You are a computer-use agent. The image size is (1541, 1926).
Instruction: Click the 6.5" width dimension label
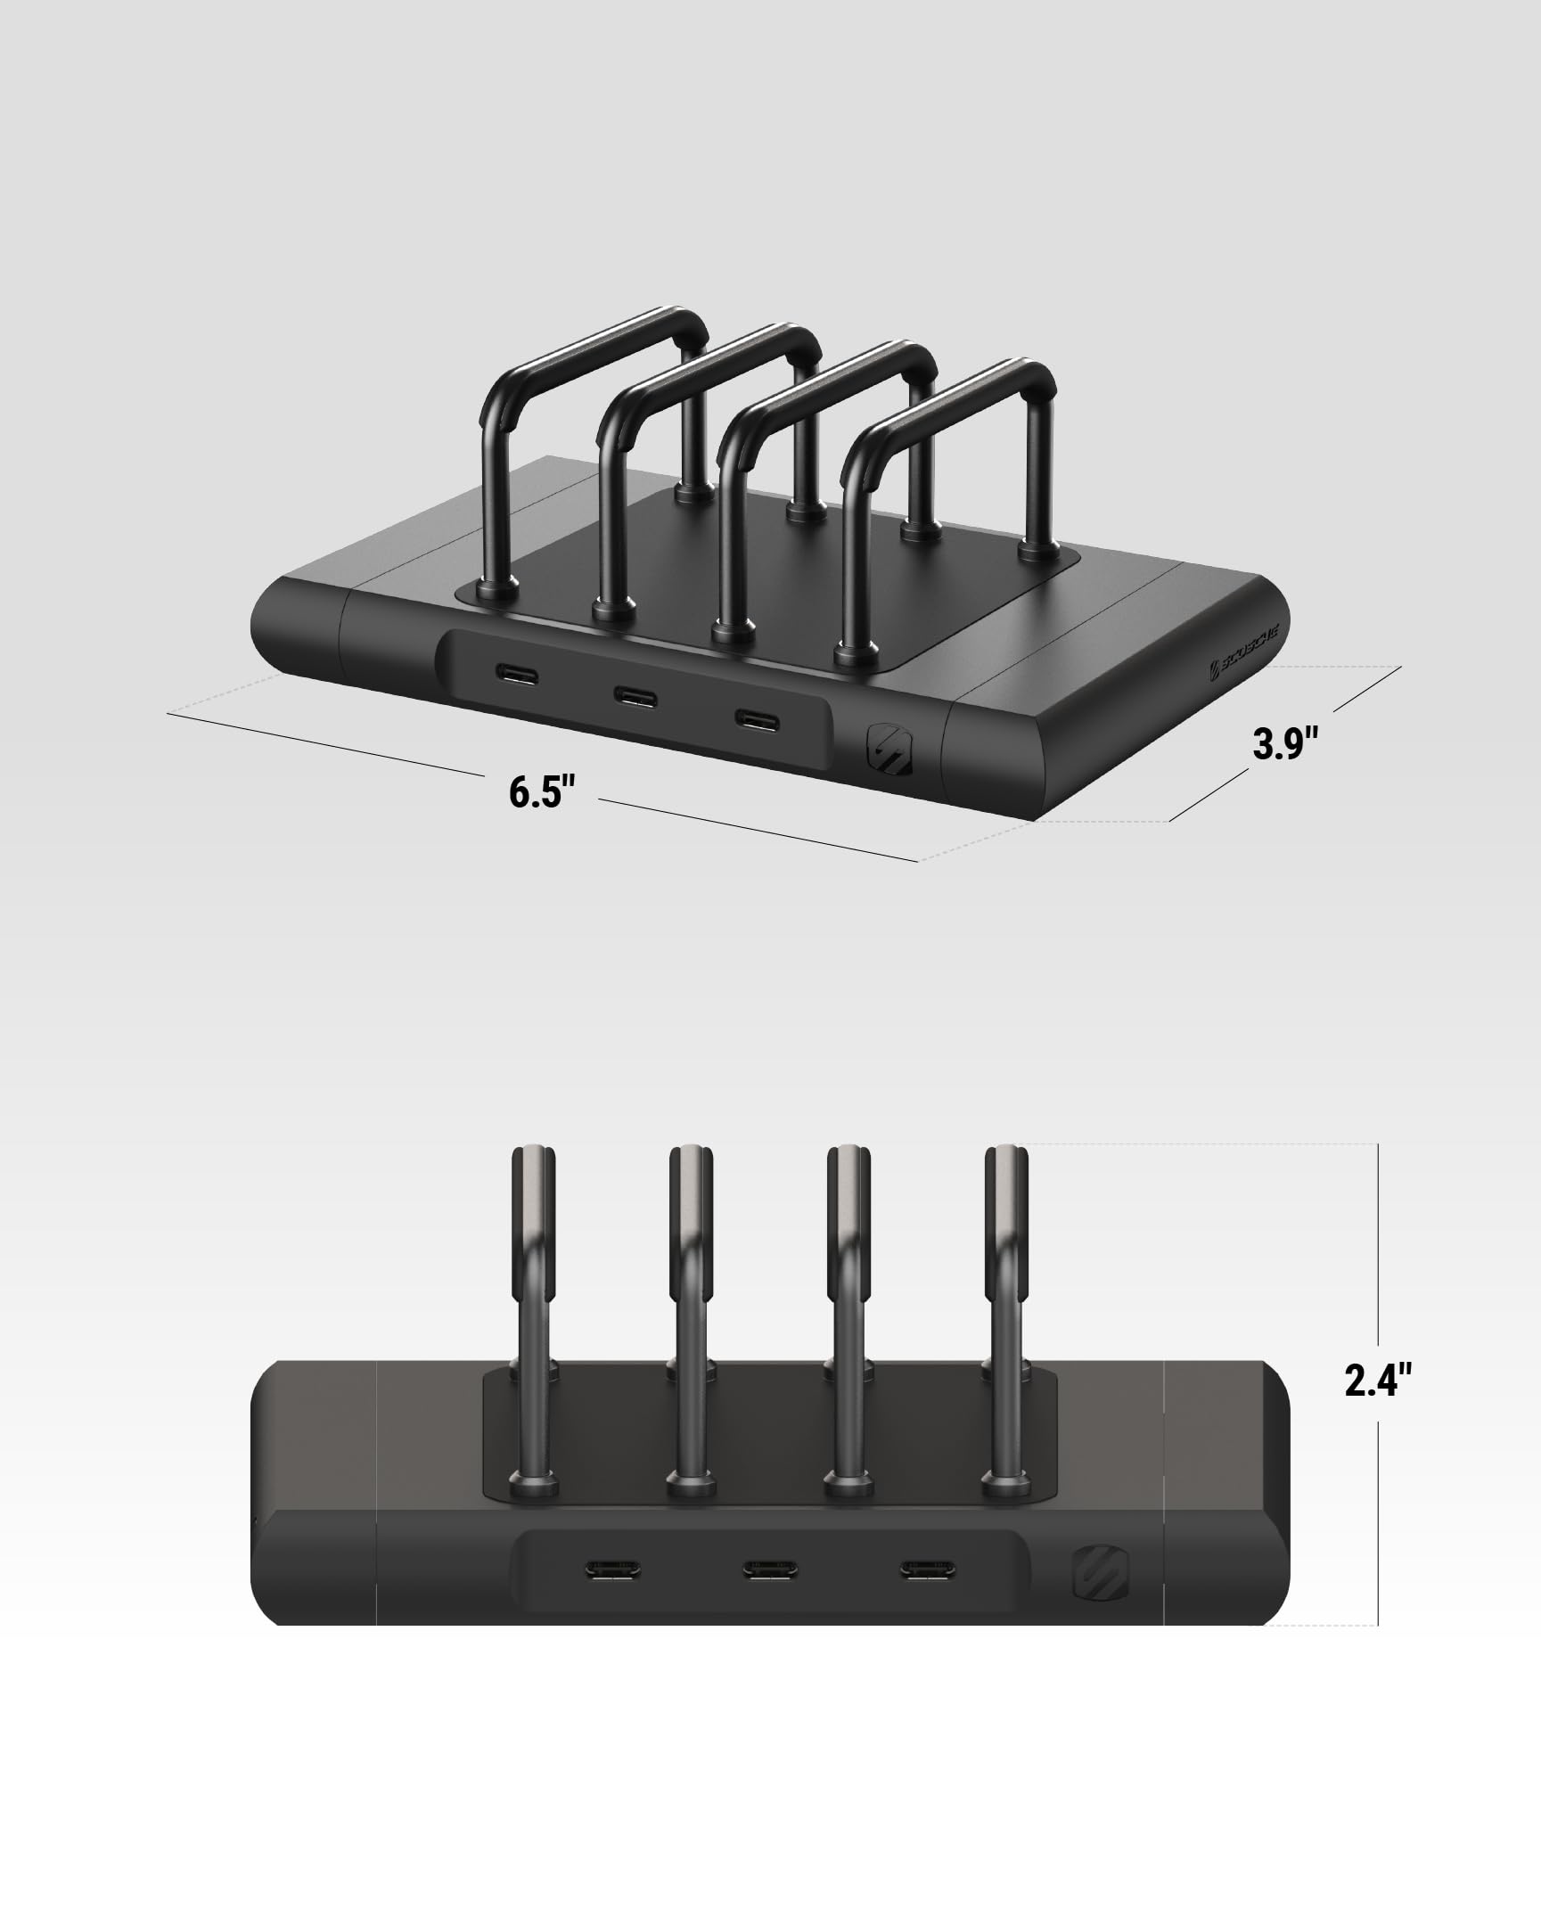point(541,791)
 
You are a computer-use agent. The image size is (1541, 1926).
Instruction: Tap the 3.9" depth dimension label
point(1284,744)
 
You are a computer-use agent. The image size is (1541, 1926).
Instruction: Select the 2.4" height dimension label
point(1378,1381)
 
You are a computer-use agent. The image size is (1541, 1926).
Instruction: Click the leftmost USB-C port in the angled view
point(517,674)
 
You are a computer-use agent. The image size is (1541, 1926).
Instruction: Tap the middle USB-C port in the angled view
point(635,695)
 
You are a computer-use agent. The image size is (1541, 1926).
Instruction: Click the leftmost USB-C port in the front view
point(613,1569)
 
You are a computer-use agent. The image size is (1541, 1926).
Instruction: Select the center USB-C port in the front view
point(770,1569)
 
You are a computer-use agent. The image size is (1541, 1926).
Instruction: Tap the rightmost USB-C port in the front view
point(926,1569)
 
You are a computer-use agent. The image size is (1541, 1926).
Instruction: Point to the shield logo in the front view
point(1101,1573)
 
